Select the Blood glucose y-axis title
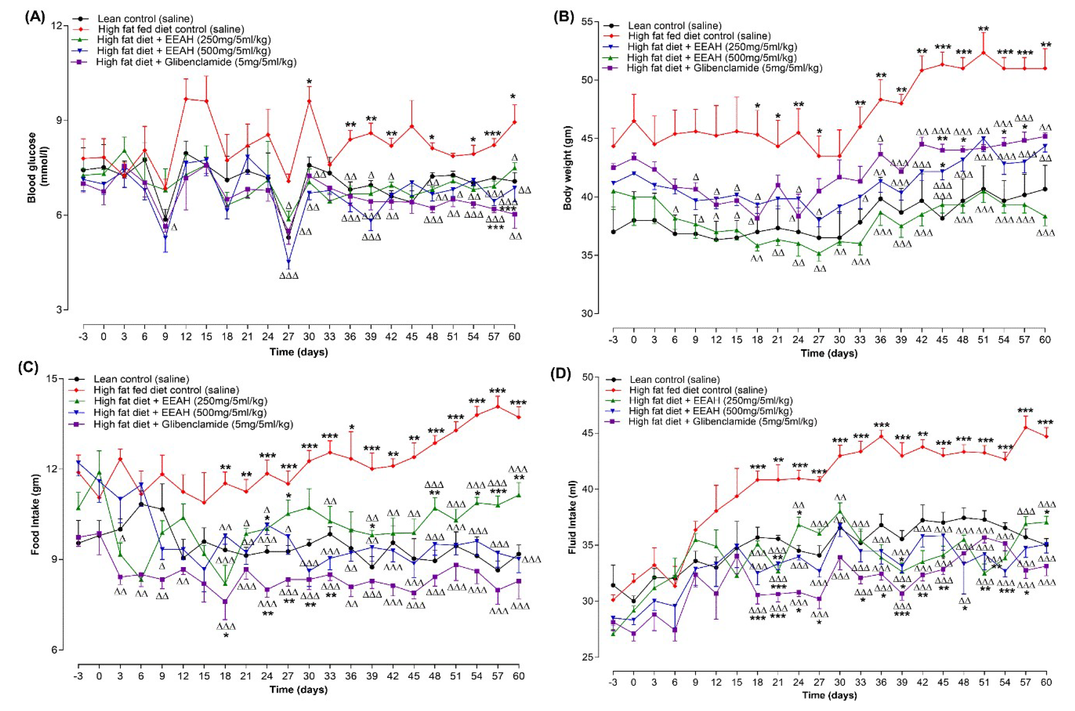coord(37,167)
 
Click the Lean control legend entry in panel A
coord(145,19)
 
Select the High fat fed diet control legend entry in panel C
coord(166,390)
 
